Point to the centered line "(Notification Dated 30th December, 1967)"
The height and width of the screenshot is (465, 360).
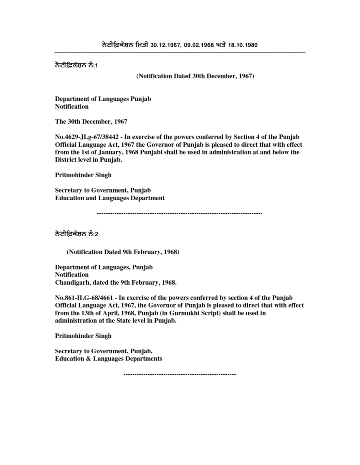pyautogui.click(x=195, y=76)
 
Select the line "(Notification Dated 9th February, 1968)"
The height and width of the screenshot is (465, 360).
pyautogui.click(x=123, y=252)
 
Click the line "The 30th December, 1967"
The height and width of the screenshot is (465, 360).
pyautogui.click(x=91, y=122)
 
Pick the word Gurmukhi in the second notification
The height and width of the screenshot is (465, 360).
pyautogui.click(x=186, y=313)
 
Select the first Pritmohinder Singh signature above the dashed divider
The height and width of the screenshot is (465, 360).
pyautogui.click(x=83, y=175)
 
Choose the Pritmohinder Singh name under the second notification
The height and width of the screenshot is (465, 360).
pyautogui.click(x=83, y=336)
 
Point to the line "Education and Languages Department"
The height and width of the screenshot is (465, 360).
pyautogui.click(x=110, y=198)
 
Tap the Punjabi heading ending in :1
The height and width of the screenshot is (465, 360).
pyautogui.click(x=77, y=65)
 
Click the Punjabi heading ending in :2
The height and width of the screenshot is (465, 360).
pyautogui.click(x=77, y=234)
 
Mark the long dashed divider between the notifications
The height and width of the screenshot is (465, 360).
pyautogui.click(x=180, y=213)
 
